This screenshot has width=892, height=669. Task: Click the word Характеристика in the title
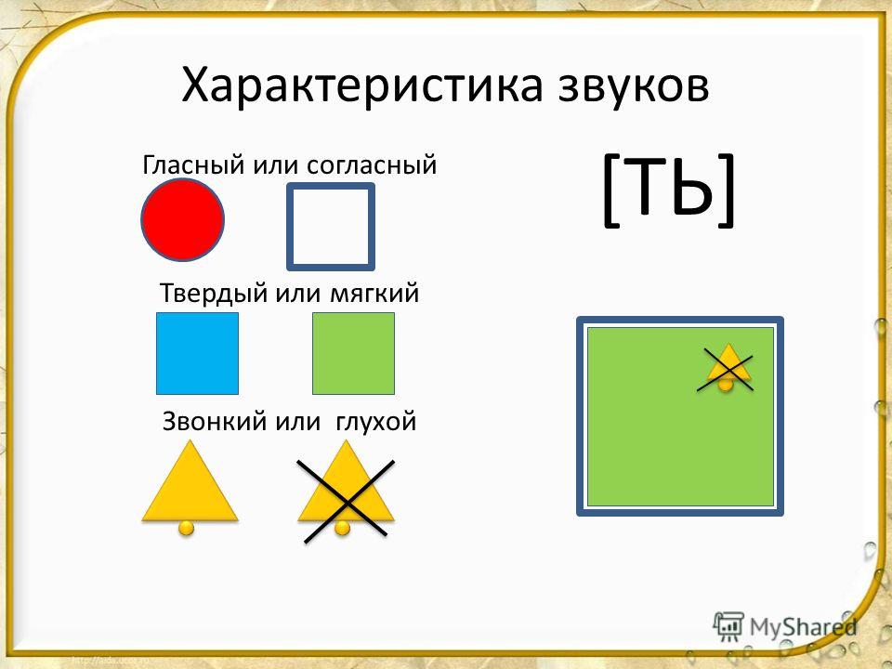(362, 85)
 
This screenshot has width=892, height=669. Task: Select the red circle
(183, 219)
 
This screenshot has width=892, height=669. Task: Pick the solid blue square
(197, 353)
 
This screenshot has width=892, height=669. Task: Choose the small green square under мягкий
(353, 353)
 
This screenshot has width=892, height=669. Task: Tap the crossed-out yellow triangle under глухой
(346, 490)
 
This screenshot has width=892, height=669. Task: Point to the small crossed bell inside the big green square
(727, 369)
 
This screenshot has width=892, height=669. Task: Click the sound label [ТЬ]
(668, 190)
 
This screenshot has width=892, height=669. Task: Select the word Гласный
(194, 165)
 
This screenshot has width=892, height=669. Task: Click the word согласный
(372, 165)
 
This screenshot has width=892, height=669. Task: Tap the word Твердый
(214, 293)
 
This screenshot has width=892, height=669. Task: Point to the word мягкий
(374, 294)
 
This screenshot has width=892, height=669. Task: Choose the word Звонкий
(216, 422)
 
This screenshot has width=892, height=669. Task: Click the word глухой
(376, 422)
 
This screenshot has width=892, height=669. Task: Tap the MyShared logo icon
(728, 626)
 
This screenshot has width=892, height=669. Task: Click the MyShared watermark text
(803, 627)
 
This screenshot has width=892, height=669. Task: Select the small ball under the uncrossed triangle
(187, 528)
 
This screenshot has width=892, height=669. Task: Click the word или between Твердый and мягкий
(298, 294)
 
